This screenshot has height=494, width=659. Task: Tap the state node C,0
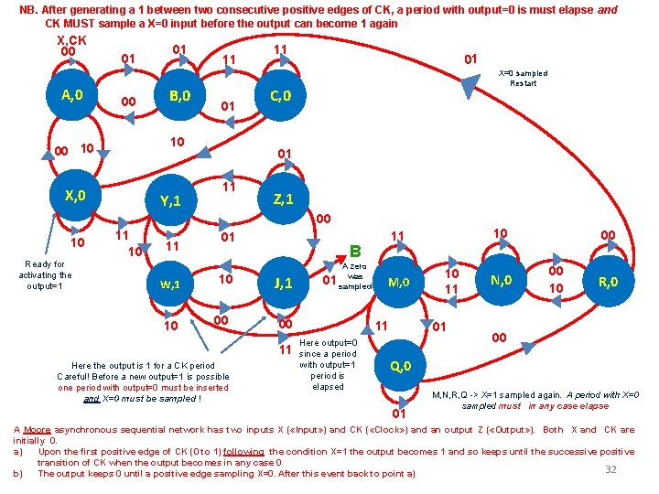click(x=281, y=96)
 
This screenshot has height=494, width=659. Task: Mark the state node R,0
click(x=609, y=282)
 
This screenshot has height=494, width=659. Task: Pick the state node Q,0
click(x=401, y=367)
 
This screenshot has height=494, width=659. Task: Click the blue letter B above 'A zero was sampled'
click(x=356, y=249)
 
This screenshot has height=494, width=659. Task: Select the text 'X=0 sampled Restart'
click(x=523, y=78)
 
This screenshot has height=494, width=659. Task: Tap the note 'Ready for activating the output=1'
click(x=45, y=274)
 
